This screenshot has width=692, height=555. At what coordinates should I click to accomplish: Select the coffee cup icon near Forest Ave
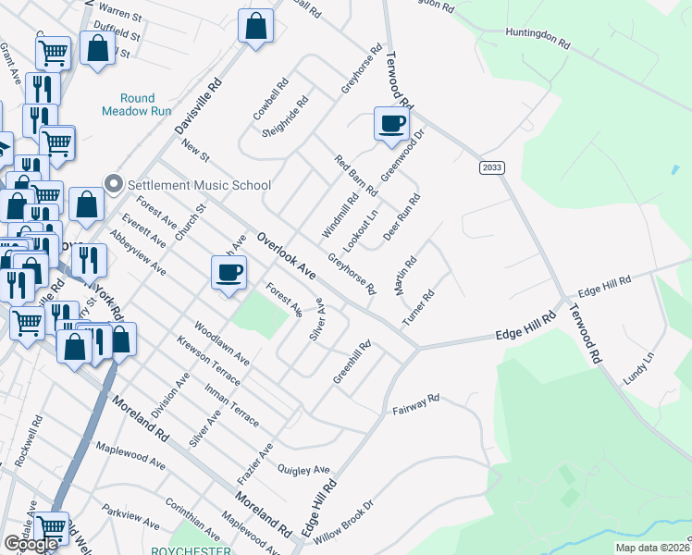pos(229,273)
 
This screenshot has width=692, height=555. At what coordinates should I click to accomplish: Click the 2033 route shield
pos(492,167)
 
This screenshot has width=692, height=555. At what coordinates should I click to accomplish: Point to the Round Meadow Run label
pos(145,105)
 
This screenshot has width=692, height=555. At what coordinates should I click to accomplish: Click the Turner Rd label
pos(418,309)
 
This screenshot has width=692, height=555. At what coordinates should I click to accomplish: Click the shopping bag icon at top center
pos(255,27)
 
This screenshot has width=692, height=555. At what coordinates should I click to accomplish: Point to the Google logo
pos(31,544)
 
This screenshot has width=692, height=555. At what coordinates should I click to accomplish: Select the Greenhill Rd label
pos(352,364)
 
